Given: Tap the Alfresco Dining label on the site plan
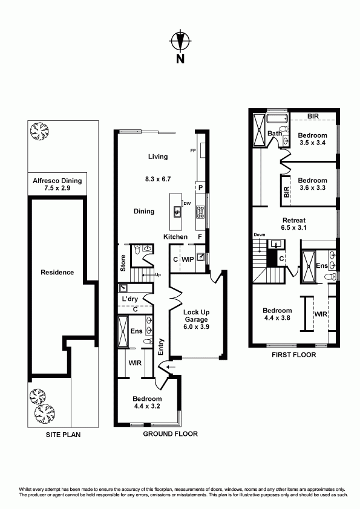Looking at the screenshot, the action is click(57, 184).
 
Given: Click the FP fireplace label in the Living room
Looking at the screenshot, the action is click(192, 151).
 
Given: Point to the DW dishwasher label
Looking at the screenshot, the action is click(187, 204).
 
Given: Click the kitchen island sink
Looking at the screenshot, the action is click(177, 212).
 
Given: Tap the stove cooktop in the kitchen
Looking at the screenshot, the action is click(200, 212).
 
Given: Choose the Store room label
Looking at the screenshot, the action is click(123, 263).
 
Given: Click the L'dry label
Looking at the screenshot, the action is click(130, 299).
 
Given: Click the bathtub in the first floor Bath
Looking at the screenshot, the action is click(277, 118).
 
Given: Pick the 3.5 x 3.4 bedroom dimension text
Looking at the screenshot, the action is click(312, 143).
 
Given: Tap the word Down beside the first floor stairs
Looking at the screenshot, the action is click(260, 235).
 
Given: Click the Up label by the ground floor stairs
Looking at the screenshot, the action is click(158, 274).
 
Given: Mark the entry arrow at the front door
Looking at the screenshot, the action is click(171, 367).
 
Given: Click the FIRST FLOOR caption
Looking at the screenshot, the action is click(293, 355).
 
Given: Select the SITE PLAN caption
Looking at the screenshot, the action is click(63, 435).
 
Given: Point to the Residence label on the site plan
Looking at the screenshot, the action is click(57, 273).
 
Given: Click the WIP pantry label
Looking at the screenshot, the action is click(188, 259).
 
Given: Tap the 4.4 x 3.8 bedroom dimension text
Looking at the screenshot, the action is click(277, 318).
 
